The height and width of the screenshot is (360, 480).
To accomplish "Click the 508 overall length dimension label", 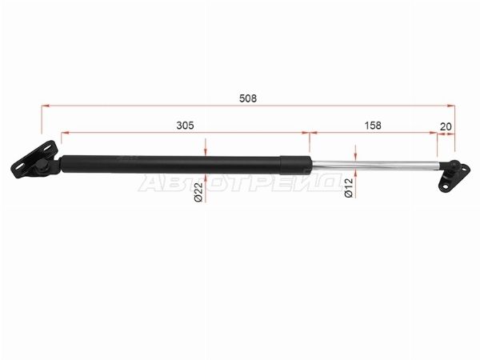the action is pos(248,98).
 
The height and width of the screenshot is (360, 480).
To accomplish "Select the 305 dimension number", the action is pos(186,126).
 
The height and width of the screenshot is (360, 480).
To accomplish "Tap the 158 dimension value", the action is pos(373,126).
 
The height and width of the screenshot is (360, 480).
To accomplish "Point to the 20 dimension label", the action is pos(446,126).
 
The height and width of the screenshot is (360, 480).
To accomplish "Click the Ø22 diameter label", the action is pos(198,192).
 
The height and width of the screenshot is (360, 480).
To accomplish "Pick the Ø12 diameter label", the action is pos(349,188).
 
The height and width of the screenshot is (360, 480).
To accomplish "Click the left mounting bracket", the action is pos(34,159).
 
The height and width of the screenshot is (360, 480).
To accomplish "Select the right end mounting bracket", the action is pos(454,176).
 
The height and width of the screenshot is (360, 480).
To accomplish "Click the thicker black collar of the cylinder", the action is pos(296,166).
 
